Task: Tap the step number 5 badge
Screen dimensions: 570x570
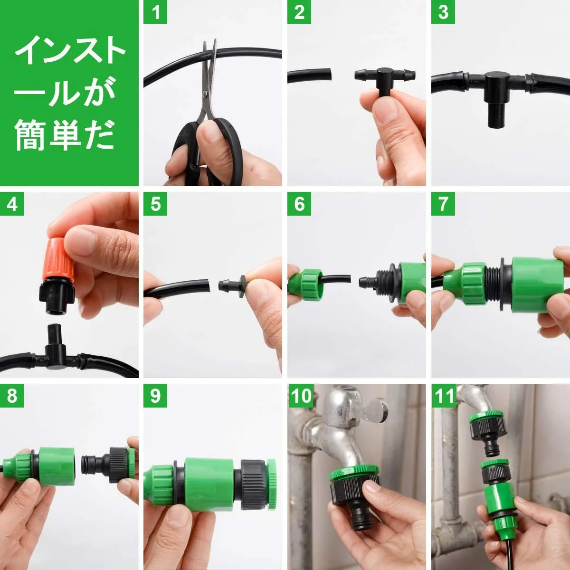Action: tap(155, 203)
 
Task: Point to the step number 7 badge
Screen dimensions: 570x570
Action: tap(443, 203)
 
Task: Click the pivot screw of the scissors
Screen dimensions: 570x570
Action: tap(205, 94)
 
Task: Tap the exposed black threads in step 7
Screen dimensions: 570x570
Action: tap(493, 284)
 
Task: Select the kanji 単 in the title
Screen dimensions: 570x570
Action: tap(65, 134)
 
